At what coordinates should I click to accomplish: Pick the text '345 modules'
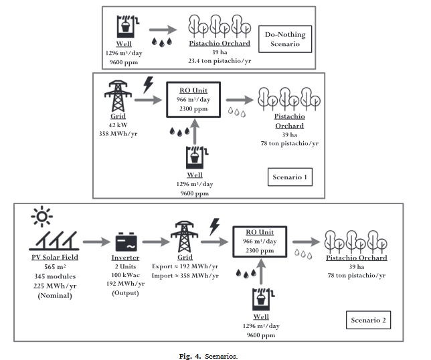point(53,276)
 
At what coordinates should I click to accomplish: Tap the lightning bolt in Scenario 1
point(148,84)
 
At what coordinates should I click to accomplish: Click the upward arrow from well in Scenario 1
point(195,130)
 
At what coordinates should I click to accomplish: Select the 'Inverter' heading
point(124,258)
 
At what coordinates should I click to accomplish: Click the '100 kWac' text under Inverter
point(124,275)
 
